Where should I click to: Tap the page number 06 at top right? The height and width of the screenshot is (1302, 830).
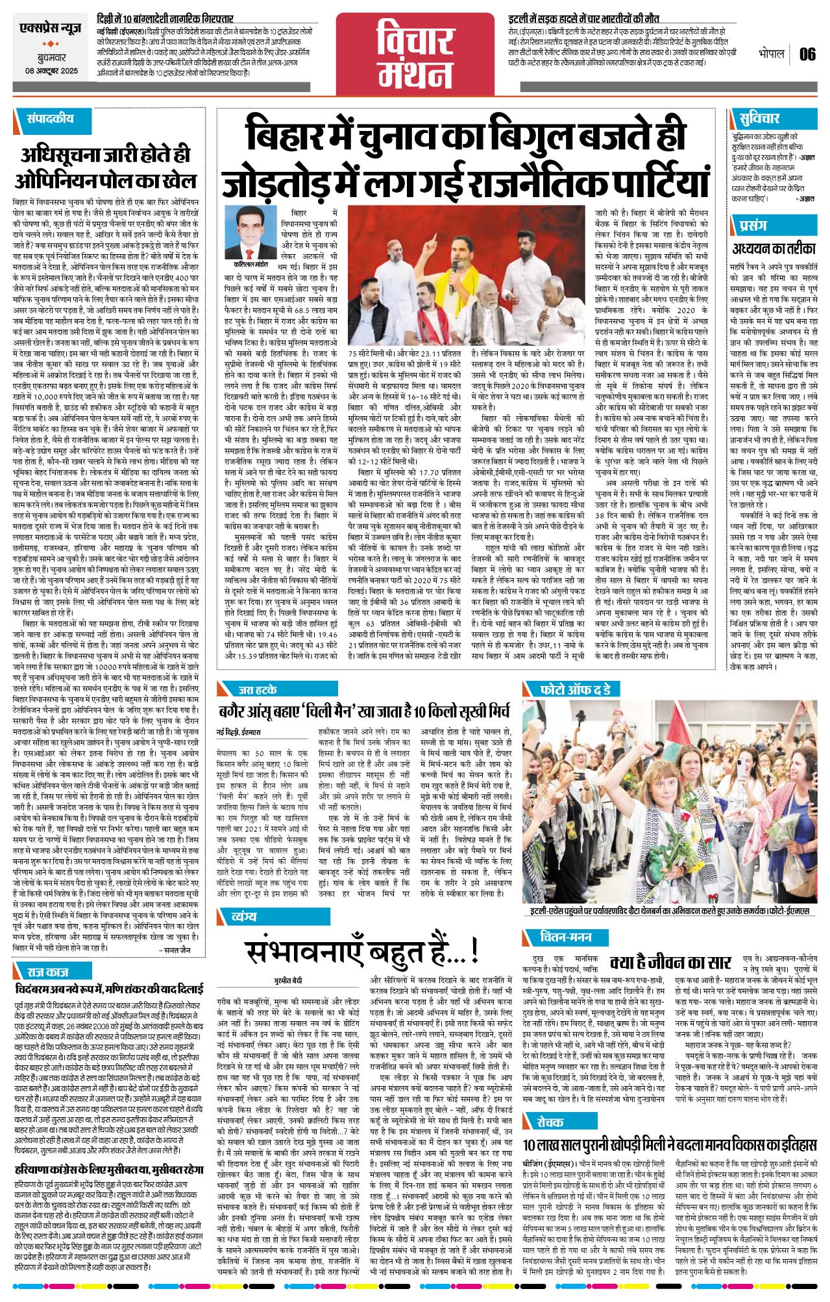point(807,54)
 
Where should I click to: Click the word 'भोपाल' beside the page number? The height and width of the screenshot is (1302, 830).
point(772,53)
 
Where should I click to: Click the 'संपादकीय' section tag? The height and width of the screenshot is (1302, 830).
point(51,119)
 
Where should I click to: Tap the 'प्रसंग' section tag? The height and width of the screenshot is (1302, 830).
point(753,225)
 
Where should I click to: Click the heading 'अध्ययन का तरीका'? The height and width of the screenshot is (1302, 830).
point(774,248)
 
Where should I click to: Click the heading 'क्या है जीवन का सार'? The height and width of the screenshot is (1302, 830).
point(670,962)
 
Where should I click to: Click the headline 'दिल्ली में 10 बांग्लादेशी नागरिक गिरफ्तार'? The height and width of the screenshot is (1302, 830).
point(165,19)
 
